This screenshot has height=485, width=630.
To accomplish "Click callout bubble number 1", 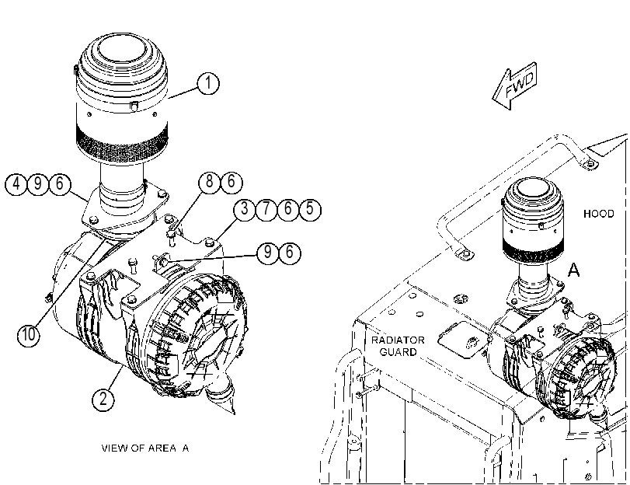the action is click(x=208, y=83).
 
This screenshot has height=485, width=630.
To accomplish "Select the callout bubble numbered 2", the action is click(x=103, y=400).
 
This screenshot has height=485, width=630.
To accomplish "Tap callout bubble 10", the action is click(x=29, y=334).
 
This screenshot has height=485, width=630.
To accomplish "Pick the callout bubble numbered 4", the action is click(x=16, y=184).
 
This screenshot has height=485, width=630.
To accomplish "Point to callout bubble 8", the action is click(x=210, y=181).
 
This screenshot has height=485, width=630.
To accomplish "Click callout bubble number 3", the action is click(x=245, y=209).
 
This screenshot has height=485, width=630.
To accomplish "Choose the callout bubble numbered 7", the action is click(x=266, y=209).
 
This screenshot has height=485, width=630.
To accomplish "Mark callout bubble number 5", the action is click(x=310, y=209).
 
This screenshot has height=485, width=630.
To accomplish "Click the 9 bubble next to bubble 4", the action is click(x=38, y=184).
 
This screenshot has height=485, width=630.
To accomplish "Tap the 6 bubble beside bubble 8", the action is click(x=231, y=181).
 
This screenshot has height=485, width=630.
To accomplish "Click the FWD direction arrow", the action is click(x=515, y=85).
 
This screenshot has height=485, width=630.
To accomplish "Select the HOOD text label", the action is click(x=599, y=214).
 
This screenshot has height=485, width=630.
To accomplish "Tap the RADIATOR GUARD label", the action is click(x=398, y=346).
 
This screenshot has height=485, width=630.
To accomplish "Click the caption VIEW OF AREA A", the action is click(x=145, y=448).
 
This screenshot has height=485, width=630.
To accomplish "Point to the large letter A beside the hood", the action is click(x=574, y=270).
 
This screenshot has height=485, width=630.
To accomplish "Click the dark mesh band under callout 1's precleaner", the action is click(x=122, y=142).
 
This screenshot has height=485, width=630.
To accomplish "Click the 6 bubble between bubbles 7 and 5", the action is click(x=288, y=209).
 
